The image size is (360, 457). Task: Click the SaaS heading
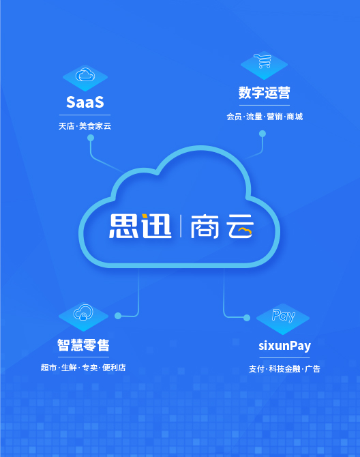pos(85,102)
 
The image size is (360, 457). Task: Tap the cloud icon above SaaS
pos(85,75)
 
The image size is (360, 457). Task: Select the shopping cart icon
pos(262,61)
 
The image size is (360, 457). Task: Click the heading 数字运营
pos(264,93)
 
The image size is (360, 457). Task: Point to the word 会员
pos(234,117)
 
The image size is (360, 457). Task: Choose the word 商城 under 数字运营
pos(295,117)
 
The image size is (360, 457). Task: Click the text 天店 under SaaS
pos(66,126)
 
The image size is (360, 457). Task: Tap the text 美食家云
pos(95,126)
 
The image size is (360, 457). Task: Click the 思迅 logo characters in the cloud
pos(140,226)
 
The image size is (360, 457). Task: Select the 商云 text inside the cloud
pos(222,226)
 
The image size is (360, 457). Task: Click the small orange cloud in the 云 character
pos(244,231)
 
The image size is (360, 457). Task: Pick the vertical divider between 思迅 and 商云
pos(181,226)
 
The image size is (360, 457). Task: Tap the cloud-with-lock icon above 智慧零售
pos(83,312)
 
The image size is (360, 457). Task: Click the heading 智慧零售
pos(83,345)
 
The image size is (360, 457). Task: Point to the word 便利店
pos(114,368)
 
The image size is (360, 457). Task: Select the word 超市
pos(48,368)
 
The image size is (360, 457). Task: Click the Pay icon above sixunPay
pos(284,316)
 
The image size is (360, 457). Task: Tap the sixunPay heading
pos(284,346)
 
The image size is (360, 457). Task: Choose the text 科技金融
pos(284,369)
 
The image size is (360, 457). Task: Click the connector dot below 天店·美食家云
pos(91,138)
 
